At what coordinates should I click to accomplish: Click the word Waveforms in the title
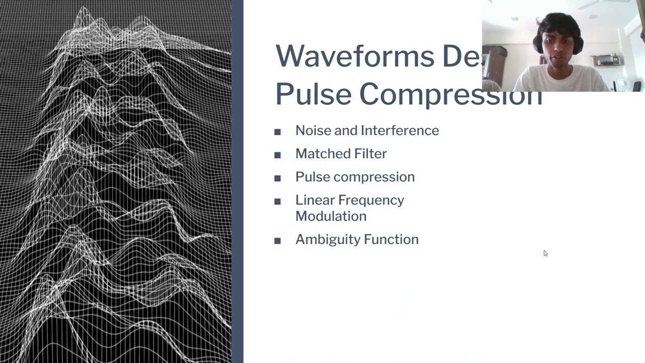(355, 56)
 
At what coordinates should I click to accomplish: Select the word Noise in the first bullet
(313, 131)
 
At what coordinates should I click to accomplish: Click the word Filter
(369, 154)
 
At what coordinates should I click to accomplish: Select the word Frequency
(371, 201)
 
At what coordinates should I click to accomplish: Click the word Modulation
(331, 216)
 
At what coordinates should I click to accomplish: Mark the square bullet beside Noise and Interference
(278, 132)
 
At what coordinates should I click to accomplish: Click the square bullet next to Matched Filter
(278, 155)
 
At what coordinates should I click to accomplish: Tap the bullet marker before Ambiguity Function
(278, 241)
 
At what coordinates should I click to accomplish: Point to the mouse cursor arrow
(545, 253)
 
